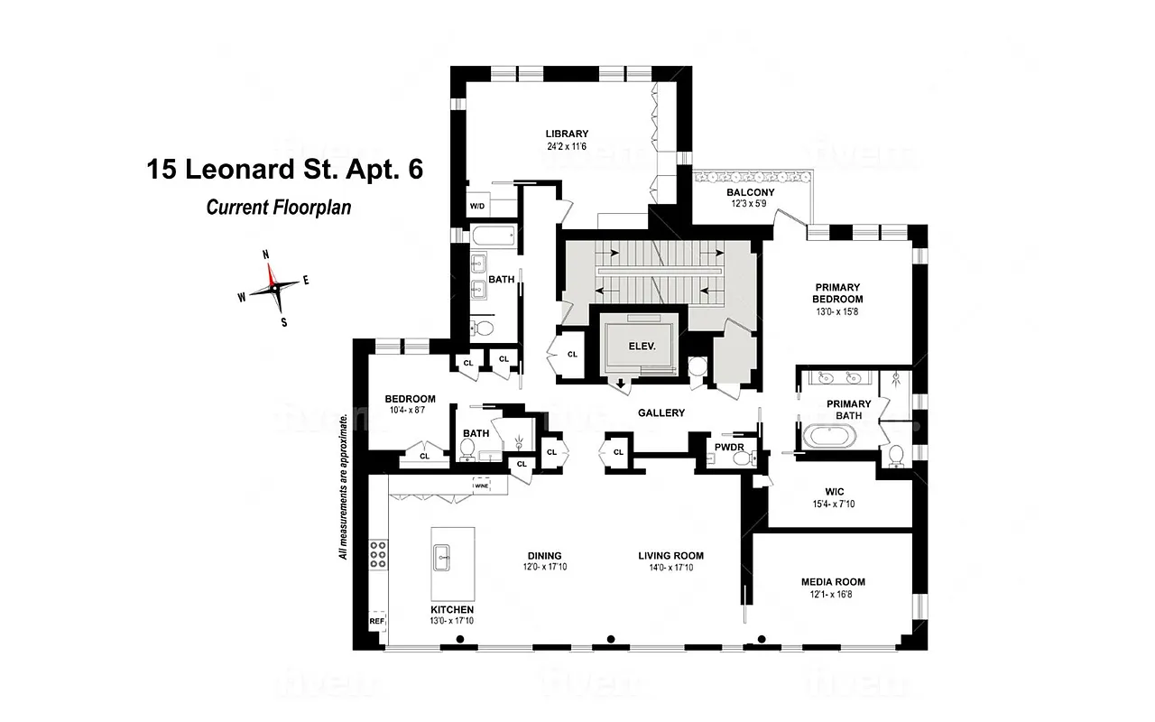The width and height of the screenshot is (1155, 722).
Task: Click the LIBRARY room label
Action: [566, 134]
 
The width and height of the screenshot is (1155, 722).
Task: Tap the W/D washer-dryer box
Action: [476, 207]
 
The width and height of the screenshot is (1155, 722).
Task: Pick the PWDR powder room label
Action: [728, 446]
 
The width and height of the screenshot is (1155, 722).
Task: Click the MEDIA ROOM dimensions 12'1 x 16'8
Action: [833, 595]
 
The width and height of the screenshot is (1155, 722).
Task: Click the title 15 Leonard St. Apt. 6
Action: [284, 170]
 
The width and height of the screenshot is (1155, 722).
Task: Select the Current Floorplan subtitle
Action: [278, 208]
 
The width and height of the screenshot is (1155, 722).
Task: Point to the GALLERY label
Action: [661, 412]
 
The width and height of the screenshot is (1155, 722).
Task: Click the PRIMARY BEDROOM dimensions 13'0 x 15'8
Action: [837, 313]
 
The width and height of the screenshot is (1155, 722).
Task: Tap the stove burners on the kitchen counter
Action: [377, 555]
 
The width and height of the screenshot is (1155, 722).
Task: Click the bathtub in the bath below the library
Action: [493, 237]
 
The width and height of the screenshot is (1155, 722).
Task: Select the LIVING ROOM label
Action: [670, 556]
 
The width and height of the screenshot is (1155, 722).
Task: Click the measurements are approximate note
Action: [344, 487]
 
